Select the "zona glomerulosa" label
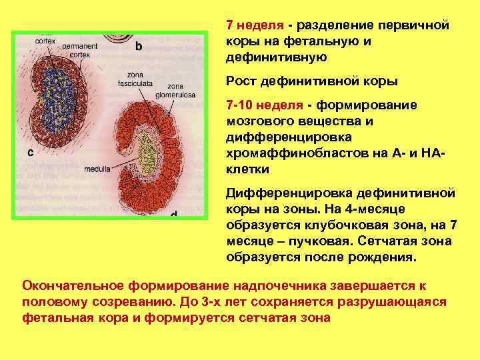click(x=176, y=91)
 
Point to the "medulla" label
click(x=97, y=169)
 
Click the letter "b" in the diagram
click(x=139, y=46)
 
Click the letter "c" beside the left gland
click(x=31, y=152)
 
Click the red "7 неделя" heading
click(x=256, y=25)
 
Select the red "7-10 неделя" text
click(x=265, y=105)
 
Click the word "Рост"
click(x=244, y=81)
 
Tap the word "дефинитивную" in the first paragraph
click(x=277, y=57)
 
